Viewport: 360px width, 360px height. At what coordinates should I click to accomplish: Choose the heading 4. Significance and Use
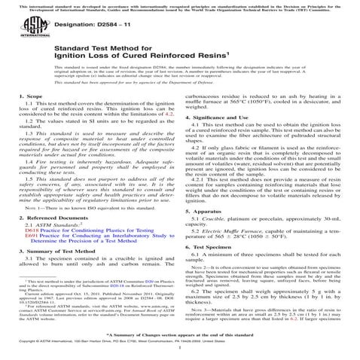[x=218, y=139]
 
